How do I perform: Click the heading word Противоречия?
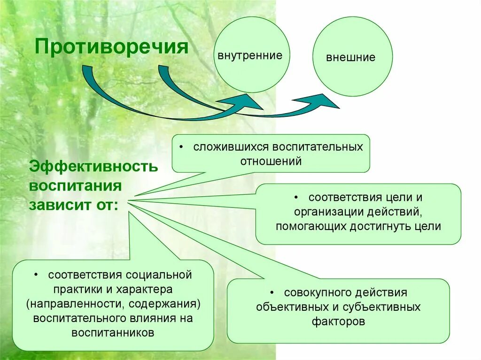[x=113, y=48]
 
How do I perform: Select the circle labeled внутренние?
[x=250, y=54]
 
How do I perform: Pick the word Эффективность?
[x=94, y=167]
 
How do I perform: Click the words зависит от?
[x=74, y=205]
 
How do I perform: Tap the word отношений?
[x=271, y=161]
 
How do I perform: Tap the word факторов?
[x=338, y=322]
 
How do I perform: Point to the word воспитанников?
[x=113, y=333]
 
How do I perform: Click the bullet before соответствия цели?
[x=298, y=198]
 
